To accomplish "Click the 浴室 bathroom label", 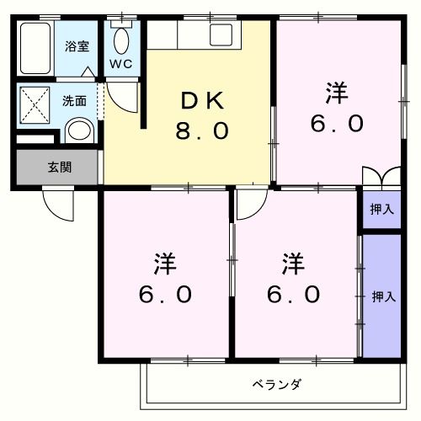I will coord(77,47).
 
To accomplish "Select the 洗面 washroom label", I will coord(74,100).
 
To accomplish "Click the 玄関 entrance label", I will coord(59,167).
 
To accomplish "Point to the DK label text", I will coord(203,100).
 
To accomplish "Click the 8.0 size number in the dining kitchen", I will coord(203,132).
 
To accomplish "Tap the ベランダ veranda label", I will coord(276,385).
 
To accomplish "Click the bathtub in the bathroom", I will coord(35,50).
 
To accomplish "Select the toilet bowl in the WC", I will coord(121,40).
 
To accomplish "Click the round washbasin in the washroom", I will coord(77,131).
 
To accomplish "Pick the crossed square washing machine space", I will coord(35,107).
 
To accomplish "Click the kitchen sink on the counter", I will coord(221,35).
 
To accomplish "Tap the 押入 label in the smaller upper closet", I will coord(381,210).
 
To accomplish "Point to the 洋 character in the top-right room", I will coord(337,92).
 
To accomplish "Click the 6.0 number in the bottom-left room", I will coord(165,296).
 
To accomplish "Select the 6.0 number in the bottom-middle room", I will coord(294,296).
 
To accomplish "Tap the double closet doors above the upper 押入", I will coord(381,179).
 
